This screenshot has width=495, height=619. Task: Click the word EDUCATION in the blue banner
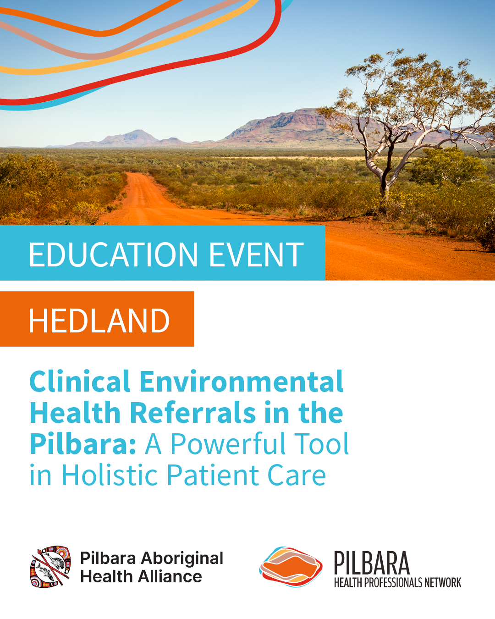113,254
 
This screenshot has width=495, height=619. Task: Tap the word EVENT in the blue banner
256,254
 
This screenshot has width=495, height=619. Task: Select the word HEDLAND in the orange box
99,321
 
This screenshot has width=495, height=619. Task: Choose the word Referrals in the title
192,413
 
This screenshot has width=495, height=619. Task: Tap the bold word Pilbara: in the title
83,445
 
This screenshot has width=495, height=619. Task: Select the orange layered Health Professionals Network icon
291,567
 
